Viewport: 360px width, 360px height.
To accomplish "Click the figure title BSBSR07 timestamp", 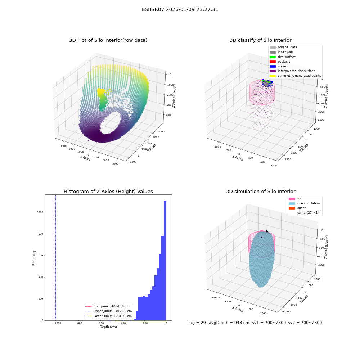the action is [x=180, y=9].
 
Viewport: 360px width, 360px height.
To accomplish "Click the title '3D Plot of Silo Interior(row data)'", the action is [x=108, y=40].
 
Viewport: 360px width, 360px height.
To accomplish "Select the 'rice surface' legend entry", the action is [x=283, y=57].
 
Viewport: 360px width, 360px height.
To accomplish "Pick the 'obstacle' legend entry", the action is [x=280, y=62].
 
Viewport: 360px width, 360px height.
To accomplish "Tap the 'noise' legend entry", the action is [x=278, y=66].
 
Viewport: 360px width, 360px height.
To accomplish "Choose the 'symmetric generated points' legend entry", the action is [x=295, y=76].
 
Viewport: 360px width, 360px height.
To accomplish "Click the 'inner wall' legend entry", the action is [x=281, y=52].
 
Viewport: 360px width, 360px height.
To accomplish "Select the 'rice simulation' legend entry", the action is [x=304, y=203].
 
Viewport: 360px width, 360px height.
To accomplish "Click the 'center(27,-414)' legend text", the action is [x=309, y=213].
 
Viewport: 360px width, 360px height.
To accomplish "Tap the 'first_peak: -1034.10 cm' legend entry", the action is [x=107, y=306].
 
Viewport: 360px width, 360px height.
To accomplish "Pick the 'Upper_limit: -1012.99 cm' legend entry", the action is [x=108, y=311].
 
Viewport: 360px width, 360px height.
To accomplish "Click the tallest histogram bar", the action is [x=165, y=260].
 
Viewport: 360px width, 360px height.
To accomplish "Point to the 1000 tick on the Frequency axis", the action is [x=40, y=212].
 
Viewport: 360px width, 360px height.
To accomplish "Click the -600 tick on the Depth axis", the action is [x=101, y=323].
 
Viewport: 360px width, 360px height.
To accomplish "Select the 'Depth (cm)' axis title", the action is [x=108, y=327].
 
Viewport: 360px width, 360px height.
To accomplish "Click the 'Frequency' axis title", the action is [x=34, y=258].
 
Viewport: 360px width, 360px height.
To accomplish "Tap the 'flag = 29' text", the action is [x=197, y=323].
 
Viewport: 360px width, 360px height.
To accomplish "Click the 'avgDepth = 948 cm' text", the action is [x=229, y=323].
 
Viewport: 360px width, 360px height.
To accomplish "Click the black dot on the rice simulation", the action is [x=262, y=237].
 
